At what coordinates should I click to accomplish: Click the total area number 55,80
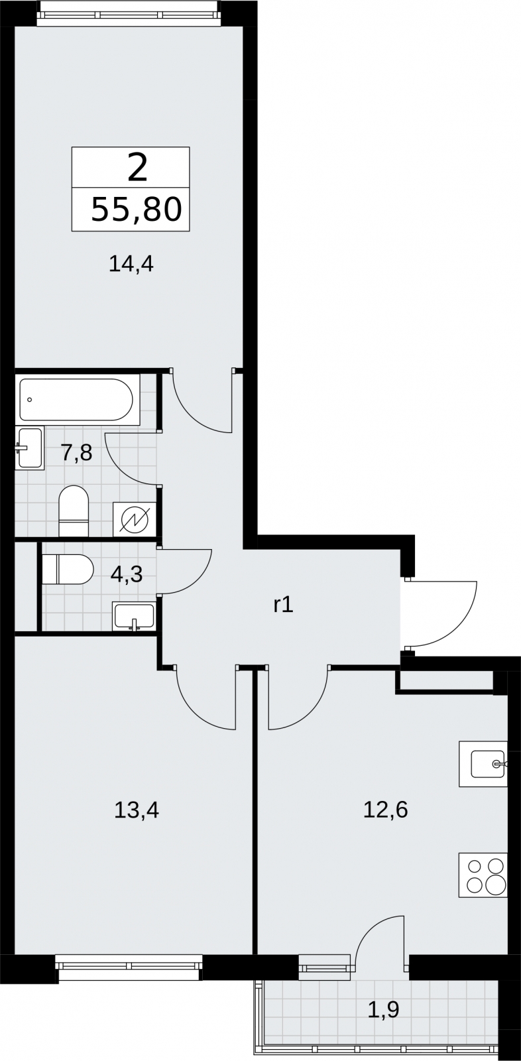point(137,210)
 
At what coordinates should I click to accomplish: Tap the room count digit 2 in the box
point(137,168)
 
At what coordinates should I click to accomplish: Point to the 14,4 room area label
point(131,264)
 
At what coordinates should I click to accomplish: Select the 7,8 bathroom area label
point(76,454)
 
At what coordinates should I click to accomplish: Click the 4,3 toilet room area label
point(126,574)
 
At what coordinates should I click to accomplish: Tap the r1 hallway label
point(284,605)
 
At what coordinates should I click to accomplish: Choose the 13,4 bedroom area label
point(137,810)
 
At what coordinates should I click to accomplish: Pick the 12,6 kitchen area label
point(386,810)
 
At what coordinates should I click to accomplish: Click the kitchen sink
point(483,764)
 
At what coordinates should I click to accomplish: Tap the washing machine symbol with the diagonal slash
point(135,520)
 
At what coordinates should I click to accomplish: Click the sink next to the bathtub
point(29,448)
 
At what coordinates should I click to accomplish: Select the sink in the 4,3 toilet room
point(134,617)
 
